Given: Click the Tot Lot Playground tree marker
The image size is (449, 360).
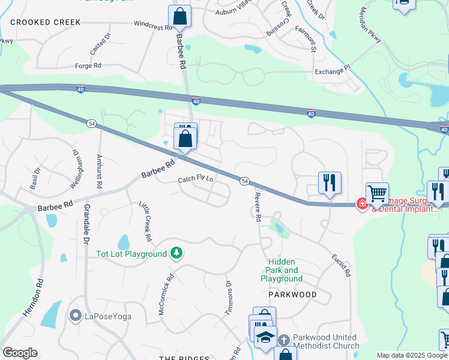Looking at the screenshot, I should [x=176, y=254].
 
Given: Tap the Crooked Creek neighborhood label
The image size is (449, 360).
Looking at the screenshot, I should [x=45, y=22].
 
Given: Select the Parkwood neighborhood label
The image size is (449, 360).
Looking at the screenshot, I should [x=292, y=295].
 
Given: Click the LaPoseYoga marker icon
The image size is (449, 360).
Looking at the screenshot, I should [x=75, y=315].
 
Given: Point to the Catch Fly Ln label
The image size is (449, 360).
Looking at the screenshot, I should [x=196, y=179].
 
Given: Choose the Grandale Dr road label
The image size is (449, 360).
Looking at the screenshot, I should [x=86, y=223].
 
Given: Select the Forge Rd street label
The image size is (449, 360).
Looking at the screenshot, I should [x=88, y=65].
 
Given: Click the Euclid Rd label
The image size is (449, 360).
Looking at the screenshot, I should [x=340, y=265].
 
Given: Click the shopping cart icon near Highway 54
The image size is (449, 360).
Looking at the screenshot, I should [x=377, y=193].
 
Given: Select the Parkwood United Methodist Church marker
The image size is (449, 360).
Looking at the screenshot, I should [x=285, y=340].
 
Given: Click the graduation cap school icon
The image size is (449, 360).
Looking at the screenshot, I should [x=265, y=337].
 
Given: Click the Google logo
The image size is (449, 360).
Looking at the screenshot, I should [x=20, y=353].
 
